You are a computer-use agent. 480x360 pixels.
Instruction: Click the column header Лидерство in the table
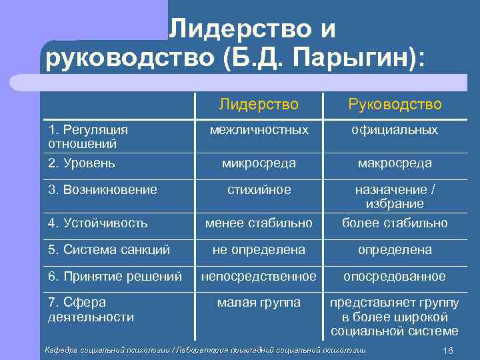click(259, 104)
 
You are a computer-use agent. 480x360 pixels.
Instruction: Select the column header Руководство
click(395, 104)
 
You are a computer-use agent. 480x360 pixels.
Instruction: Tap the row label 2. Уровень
click(82, 163)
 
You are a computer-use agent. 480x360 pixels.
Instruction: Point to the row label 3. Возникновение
click(103, 190)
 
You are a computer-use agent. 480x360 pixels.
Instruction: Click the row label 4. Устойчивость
click(98, 223)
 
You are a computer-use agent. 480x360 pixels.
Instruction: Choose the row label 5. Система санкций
click(109, 250)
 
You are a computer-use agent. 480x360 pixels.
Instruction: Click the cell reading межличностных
click(259, 130)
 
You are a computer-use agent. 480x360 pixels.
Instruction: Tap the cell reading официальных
click(395, 130)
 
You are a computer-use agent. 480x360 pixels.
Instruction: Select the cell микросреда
click(259, 163)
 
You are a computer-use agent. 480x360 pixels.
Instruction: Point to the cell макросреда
click(395, 163)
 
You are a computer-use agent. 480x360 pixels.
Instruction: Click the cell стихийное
click(259, 190)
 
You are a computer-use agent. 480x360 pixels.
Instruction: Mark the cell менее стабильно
click(259, 223)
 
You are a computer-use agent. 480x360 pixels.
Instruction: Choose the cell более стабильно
click(395, 223)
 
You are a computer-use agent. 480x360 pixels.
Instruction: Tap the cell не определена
click(259, 250)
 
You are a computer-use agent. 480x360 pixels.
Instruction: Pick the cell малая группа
click(259, 303)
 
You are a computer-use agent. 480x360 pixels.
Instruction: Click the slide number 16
click(447, 351)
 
